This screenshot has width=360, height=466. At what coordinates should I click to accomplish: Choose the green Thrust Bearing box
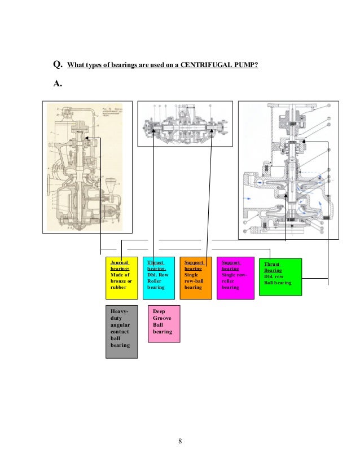pos(280,276)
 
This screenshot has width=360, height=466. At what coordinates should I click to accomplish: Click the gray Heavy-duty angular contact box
pos(122,331)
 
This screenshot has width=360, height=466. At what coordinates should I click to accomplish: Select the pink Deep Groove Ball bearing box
pos(164,324)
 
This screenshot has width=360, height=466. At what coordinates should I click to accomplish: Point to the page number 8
pos(179,441)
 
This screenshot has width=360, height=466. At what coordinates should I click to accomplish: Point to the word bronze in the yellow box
pos(119,281)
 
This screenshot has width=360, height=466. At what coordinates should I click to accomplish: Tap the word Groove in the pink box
pos(163,318)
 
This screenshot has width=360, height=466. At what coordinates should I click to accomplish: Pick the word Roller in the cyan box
pos(155,281)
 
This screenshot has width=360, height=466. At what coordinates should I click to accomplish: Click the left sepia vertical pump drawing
pos(87,167)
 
